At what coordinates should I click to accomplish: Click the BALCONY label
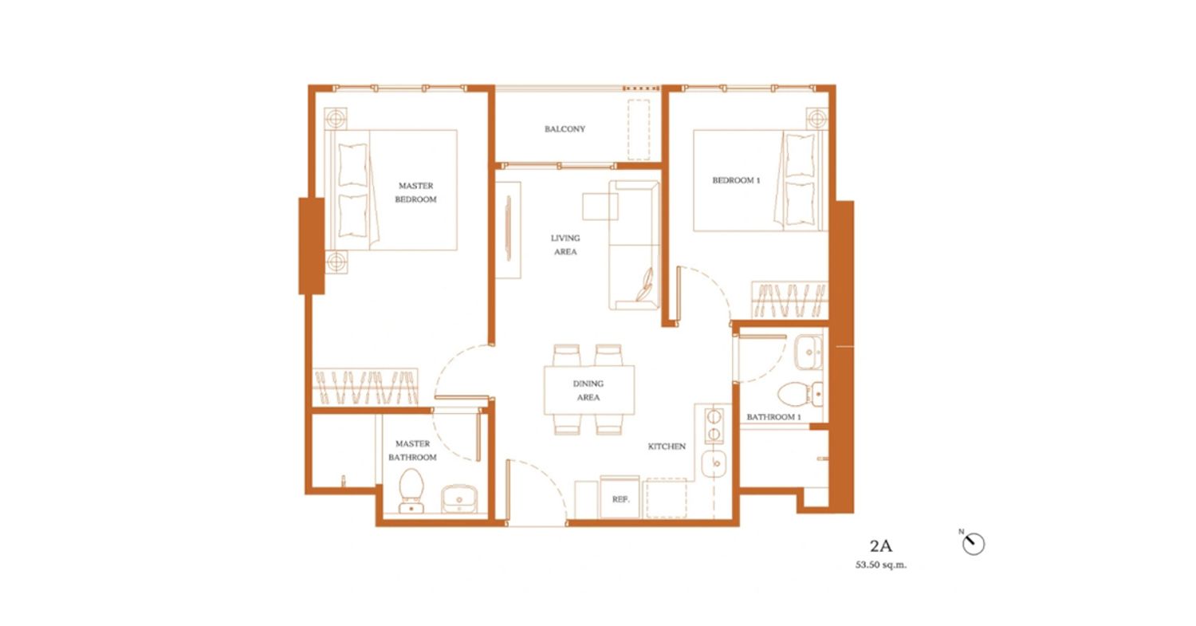pos(565,128)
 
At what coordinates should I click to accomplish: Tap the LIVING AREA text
pos(565,245)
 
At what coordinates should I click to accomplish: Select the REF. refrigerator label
pos(620,499)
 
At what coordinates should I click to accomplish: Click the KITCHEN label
pos(667,446)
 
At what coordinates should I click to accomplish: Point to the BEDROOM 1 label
pos(736,180)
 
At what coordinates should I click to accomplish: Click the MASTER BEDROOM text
pos(416,192)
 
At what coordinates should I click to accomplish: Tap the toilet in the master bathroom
pos(411,491)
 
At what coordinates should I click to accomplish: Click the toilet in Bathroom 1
pos(800,394)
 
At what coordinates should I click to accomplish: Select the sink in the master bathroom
pos(459,499)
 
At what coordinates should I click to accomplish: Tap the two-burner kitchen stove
pos(714,425)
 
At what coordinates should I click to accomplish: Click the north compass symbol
pos(973,544)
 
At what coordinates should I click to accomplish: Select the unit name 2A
pos(880,546)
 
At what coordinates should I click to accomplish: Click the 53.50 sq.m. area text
pos(881,565)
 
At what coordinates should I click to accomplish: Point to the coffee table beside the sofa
pos(600,207)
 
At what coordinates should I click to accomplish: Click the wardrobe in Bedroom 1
pos(789,300)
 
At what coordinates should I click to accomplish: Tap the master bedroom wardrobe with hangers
pos(365,387)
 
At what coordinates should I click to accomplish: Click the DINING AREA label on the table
pos(588,391)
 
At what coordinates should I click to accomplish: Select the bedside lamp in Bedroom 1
pos(816,118)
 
